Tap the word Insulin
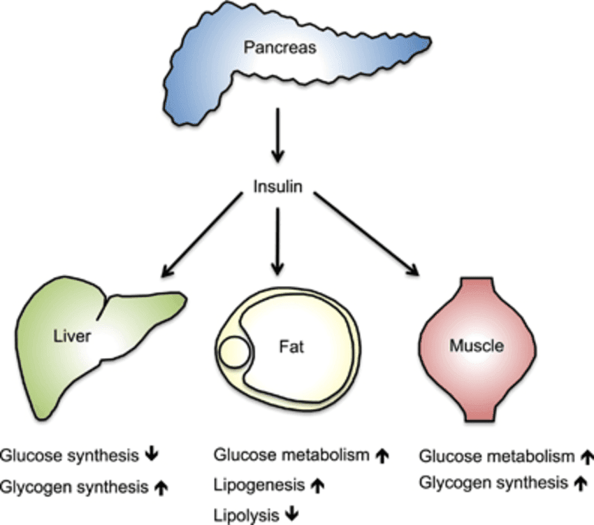pyautogui.click(x=278, y=187)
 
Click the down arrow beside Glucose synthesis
pyautogui.click(x=152, y=456)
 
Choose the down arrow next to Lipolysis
pyautogui.click(x=291, y=515)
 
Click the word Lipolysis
pyautogui.click(x=246, y=515)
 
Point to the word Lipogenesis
pyautogui.click(x=258, y=484)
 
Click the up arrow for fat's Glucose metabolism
pyautogui.click(x=382, y=456)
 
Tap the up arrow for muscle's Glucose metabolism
pyautogui.click(x=586, y=457)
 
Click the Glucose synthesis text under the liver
pyautogui.click(x=69, y=456)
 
